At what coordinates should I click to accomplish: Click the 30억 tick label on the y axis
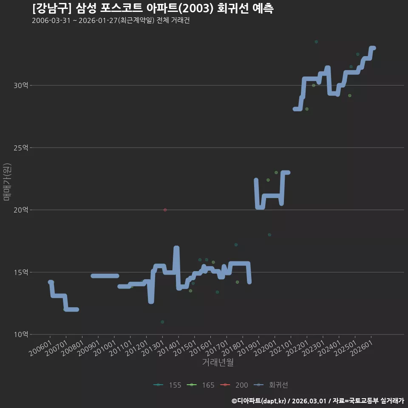[21, 85]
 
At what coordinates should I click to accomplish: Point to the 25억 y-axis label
[21, 148]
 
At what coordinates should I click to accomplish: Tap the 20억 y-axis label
[21, 210]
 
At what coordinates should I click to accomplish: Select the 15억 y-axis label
[21, 272]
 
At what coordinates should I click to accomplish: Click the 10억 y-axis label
[21, 334]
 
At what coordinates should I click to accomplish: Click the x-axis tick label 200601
[40, 348]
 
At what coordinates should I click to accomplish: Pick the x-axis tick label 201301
[153, 348]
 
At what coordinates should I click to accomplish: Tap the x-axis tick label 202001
[265, 348]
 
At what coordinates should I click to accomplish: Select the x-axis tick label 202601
[361, 348]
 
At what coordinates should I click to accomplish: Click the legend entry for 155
[167, 385]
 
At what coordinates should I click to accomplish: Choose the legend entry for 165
[201, 385]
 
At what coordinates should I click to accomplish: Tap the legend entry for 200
[234, 385]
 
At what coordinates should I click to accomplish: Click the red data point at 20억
[165, 210]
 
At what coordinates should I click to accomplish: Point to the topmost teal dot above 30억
[316, 42]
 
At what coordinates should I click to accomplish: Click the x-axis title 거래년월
[218, 362]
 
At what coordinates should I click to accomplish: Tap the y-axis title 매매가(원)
[7, 182]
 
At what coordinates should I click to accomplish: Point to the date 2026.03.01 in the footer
[309, 401]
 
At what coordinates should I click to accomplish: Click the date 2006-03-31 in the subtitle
[51, 20]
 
